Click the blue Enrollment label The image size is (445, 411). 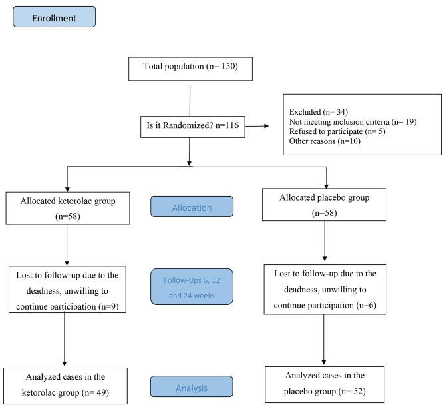coord(54,17)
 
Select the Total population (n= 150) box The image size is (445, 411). coord(190,67)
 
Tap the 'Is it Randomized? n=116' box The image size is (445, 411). coord(190,124)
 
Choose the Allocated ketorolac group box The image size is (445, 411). coord(67,208)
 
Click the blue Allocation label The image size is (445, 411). coord(192,208)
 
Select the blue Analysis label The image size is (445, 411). coord(192,386)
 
